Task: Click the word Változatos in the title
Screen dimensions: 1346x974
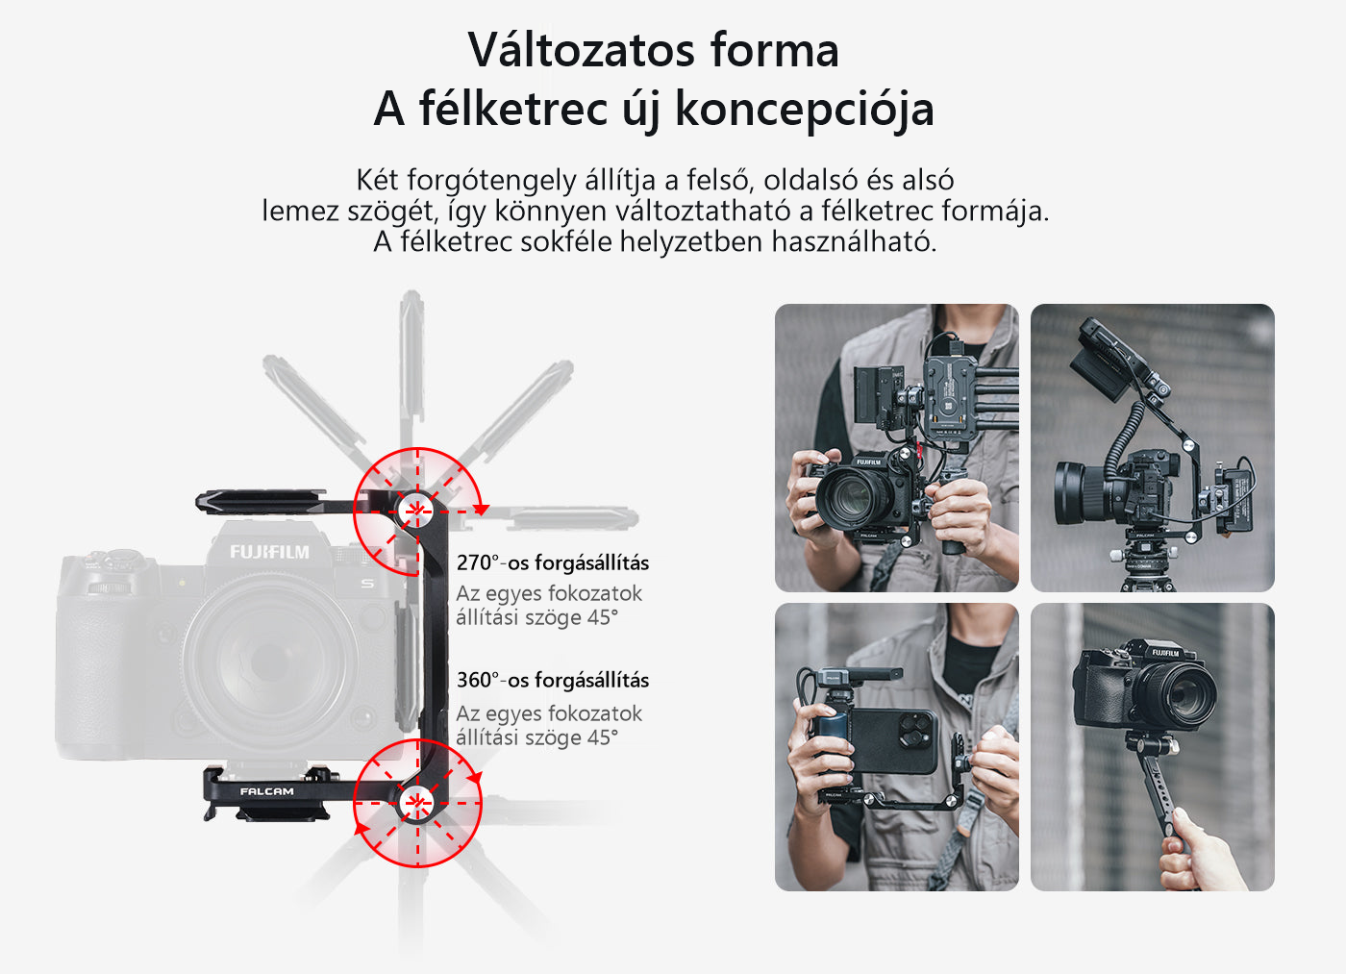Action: point(581,50)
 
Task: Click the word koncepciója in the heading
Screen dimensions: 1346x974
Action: point(805,109)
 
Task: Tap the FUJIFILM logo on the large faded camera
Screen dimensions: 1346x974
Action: point(269,552)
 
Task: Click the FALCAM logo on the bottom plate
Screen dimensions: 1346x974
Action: point(267,791)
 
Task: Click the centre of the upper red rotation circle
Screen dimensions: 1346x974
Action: point(416,512)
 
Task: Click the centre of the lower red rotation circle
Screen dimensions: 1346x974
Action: point(416,802)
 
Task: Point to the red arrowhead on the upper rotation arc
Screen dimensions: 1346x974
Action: point(481,510)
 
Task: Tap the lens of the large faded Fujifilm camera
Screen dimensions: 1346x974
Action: point(268,661)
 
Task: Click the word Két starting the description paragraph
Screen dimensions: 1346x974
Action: point(377,180)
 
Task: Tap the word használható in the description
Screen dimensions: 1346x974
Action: point(854,241)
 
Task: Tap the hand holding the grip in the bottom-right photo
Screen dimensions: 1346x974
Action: point(1196,853)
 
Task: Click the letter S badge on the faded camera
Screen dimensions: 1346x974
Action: point(367,583)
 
